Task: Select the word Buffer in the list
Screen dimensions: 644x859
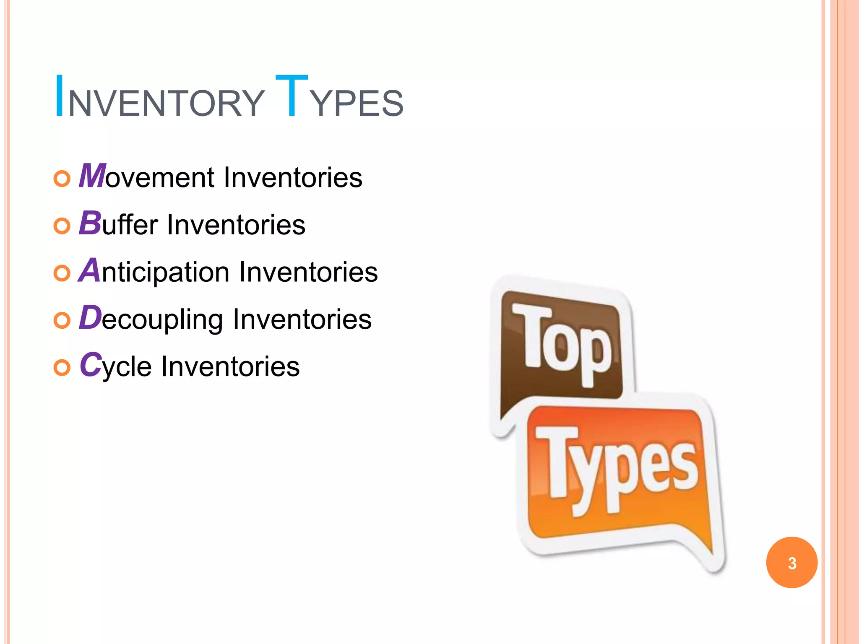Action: (x=118, y=224)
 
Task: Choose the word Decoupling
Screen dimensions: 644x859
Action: (x=151, y=319)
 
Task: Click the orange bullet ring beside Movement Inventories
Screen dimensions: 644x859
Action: (x=62, y=179)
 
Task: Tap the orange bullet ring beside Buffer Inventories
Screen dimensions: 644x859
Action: (x=62, y=226)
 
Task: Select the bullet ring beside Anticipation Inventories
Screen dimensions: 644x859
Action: (x=62, y=274)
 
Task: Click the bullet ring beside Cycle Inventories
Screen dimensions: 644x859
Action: (x=62, y=368)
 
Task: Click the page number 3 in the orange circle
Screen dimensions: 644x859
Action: (x=792, y=563)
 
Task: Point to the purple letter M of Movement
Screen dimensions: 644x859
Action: (x=92, y=176)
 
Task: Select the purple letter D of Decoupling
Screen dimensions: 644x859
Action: (x=90, y=317)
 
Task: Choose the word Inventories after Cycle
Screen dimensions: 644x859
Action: (x=230, y=366)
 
